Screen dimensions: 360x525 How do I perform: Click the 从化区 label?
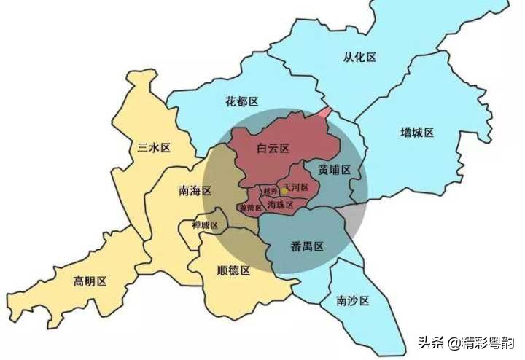[x=359, y=57]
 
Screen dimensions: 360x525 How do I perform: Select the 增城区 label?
[x=417, y=133]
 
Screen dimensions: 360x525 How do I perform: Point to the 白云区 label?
[x=273, y=149]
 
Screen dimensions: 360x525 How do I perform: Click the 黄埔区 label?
[x=334, y=169]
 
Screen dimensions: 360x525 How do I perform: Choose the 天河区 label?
[x=296, y=188]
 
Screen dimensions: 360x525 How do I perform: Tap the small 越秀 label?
[x=271, y=191]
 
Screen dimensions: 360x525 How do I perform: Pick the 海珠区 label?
[x=280, y=206]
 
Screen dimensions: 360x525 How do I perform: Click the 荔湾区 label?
[x=249, y=208]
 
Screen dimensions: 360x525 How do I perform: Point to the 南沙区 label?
[x=353, y=300]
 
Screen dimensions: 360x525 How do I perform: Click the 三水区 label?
[x=154, y=148]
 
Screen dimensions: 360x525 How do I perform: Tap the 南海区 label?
[x=195, y=191]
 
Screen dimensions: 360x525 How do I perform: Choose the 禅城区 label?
[x=205, y=225]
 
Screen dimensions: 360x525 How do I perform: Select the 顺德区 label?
[x=233, y=270]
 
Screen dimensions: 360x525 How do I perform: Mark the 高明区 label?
[x=90, y=281]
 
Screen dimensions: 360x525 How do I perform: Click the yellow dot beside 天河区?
[x=284, y=189]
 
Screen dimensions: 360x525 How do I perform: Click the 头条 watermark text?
[x=431, y=342]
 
